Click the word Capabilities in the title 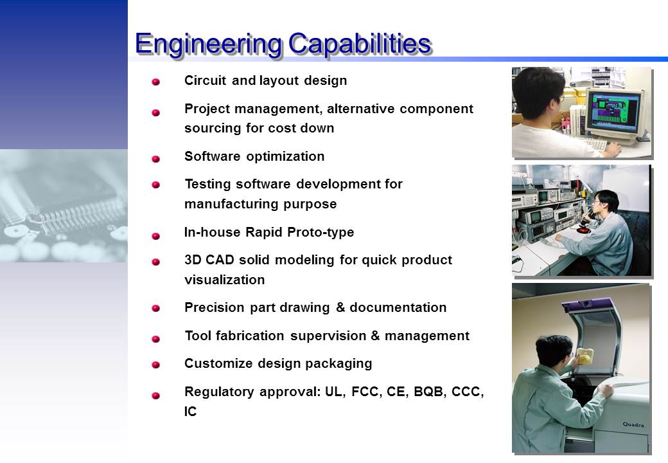click(360, 43)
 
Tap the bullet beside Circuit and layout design click(156, 82)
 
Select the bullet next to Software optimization click(156, 159)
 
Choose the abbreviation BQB click(428, 392)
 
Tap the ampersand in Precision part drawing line click(340, 307)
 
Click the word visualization click(225, 280)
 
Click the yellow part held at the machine click(584, 356)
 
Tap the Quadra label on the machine click(633, 424)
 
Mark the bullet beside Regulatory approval click(156, 395)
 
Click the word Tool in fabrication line click(198, 336)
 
